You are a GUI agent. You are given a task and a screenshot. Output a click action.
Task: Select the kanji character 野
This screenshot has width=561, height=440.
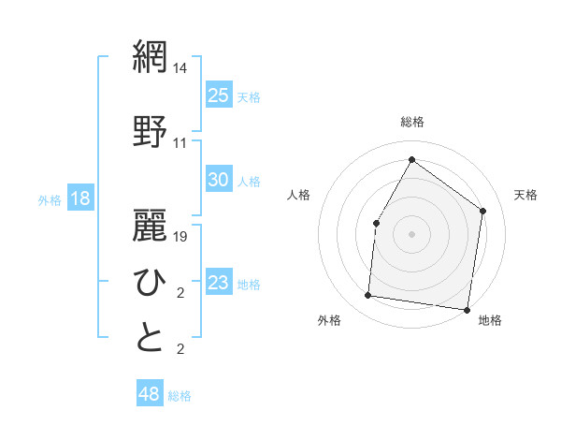[150, 130]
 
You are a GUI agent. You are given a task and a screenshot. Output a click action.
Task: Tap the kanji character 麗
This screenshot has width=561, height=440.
[150, 222]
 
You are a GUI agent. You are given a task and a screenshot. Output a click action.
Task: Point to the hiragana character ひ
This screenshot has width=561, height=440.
[150, 280]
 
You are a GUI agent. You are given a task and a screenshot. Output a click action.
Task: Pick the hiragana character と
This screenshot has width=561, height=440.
[150, 338]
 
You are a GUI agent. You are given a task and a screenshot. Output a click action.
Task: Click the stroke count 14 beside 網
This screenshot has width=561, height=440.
[180, 68]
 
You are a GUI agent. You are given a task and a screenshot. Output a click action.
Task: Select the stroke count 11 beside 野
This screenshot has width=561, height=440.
[180, 143]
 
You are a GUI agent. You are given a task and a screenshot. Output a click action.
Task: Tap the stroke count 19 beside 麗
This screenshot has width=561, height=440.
[180, 236]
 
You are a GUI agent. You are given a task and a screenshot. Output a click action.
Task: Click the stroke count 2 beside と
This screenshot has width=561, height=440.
[180, 350]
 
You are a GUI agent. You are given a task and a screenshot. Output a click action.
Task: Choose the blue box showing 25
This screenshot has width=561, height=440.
[218, 95]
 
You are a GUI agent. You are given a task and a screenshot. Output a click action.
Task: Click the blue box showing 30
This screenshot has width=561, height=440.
[218, 180]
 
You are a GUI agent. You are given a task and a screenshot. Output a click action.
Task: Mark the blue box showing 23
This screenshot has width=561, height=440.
[218, 283]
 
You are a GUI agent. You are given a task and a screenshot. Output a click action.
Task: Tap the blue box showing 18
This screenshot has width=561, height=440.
[79, 198]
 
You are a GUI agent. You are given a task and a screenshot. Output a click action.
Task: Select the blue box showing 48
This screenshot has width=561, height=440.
[149, 394]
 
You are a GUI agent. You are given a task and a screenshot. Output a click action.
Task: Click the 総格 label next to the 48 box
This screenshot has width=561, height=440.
[180, 396]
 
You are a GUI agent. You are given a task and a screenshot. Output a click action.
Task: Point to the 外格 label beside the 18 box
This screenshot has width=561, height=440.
[49, 200]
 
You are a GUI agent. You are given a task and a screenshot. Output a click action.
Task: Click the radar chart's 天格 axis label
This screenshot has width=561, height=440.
[525, 195]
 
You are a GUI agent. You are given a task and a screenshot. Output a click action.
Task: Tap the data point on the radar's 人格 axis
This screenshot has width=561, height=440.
[376, 223]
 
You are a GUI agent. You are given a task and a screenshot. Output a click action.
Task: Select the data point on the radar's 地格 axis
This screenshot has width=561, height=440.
[467, 309]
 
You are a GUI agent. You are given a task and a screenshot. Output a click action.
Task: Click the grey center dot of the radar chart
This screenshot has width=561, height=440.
[411, 233]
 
